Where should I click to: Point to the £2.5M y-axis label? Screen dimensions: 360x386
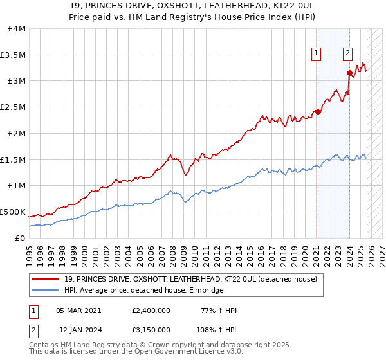[x=13, y=107]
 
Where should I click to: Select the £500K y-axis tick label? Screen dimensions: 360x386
[x=13, y=212]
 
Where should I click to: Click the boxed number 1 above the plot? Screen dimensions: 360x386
[x=317, y=54]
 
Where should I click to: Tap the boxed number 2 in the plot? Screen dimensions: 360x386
[x=347, y=54]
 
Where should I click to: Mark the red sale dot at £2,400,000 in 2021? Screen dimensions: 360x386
[x=318, y=113]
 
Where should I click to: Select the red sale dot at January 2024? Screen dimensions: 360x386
[x=349, y=73]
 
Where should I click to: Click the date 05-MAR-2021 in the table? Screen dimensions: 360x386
[x=80, y=310]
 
